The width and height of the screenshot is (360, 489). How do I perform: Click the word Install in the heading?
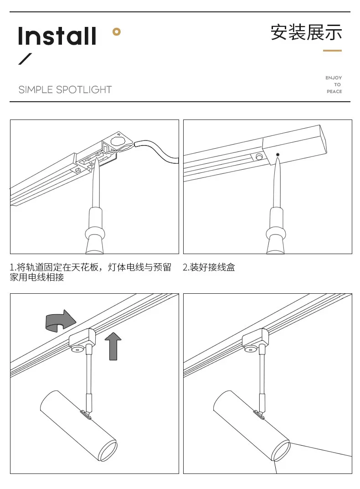[57, 36]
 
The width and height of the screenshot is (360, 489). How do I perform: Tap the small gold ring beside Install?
[117, 31]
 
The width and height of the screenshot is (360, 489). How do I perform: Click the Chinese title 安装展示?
[306, 32]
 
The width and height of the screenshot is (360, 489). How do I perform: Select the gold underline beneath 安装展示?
[332, 51]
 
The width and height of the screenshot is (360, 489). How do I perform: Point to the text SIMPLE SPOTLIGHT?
[65, 90]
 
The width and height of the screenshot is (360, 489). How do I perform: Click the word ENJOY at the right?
[334, 78]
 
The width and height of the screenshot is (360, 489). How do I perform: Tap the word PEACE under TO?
[334, 92]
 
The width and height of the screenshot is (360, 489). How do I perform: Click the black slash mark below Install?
[26, 59]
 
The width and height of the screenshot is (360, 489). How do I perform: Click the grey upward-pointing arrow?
[113, 345]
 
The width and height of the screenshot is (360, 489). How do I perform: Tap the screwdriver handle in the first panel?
[95, 230]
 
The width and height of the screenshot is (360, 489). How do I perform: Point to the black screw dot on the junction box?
[278, 154]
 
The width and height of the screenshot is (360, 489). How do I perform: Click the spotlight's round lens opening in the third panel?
[108, 450]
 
